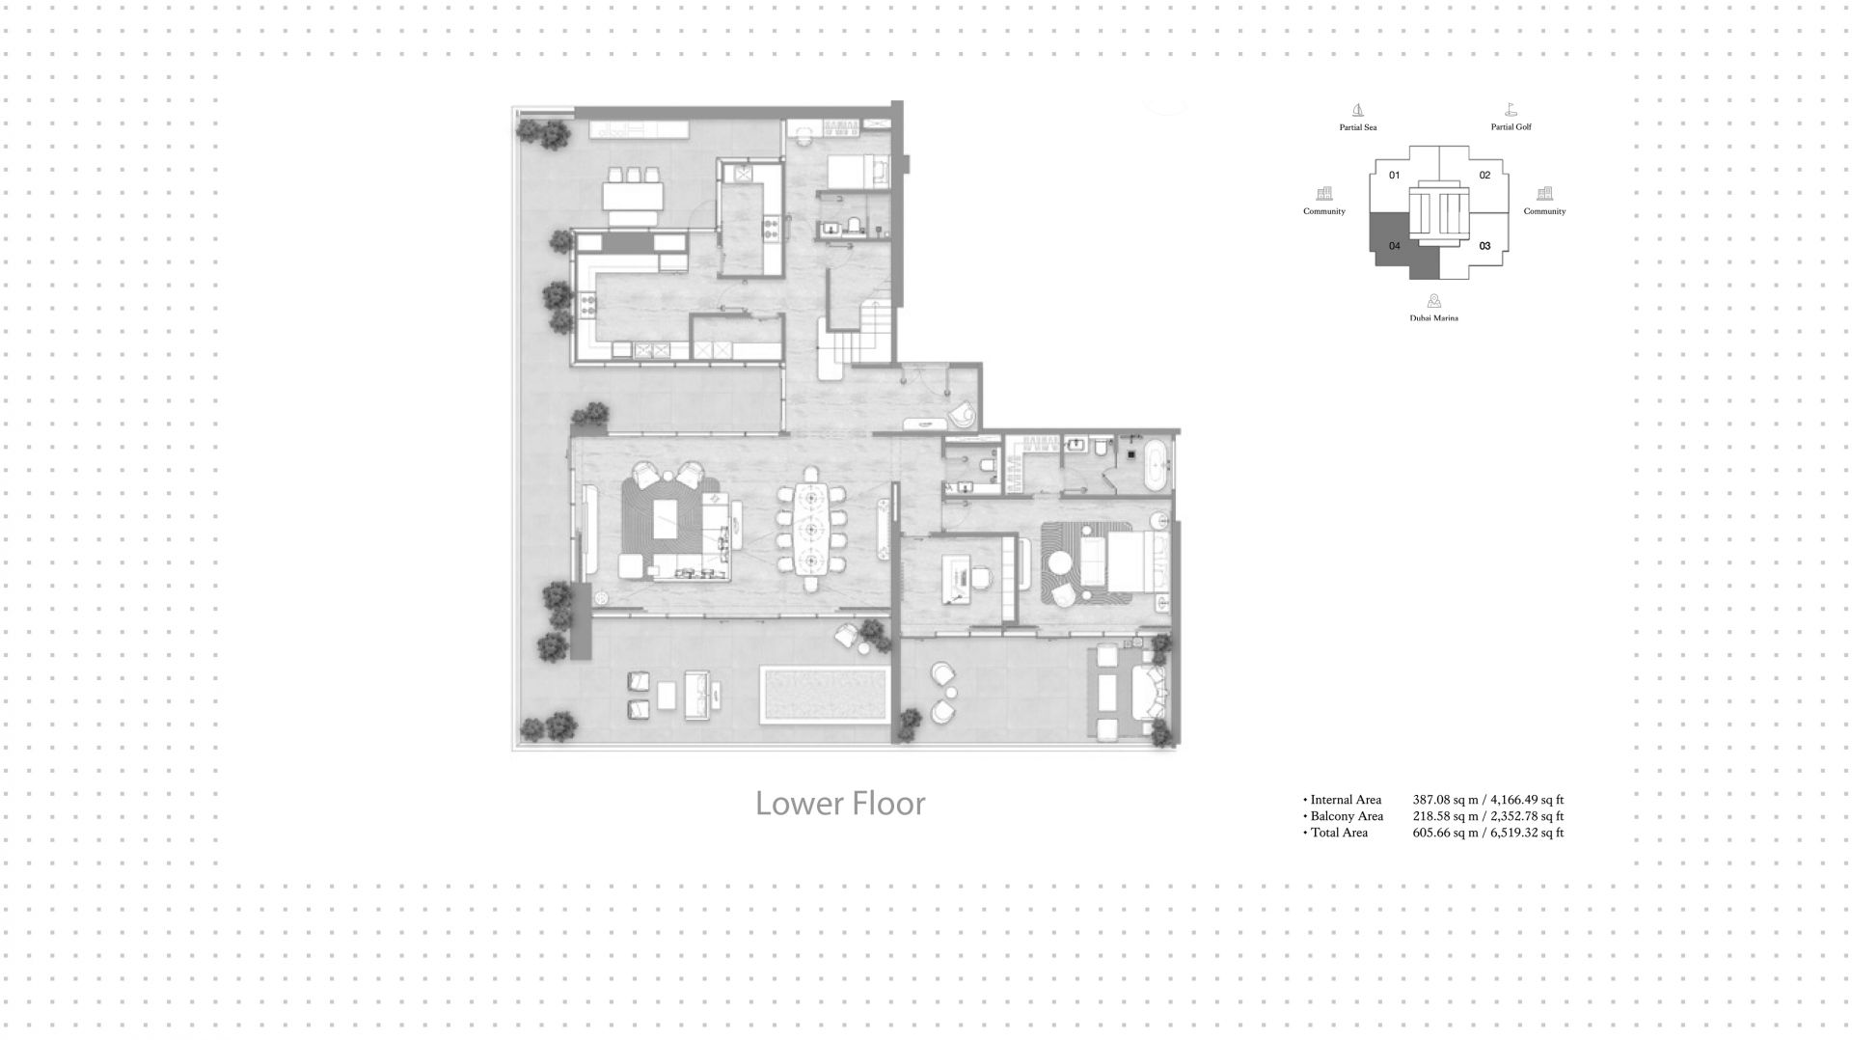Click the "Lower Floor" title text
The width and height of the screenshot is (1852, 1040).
point(840,804)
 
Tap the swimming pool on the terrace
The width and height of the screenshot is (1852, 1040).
point(824,693)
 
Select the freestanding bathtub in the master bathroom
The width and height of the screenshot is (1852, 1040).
point(1154,465)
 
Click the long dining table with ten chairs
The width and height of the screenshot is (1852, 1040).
point(810,530)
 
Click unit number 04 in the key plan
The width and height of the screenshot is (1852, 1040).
point(1394,246)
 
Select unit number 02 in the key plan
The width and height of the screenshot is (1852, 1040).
point(1484,175)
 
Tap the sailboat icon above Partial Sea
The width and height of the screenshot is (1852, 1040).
point(1358,111)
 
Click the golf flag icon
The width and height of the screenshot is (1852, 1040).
point(1511,110)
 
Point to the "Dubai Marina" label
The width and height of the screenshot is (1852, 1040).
point(1433,317)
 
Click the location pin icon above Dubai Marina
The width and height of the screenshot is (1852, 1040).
point(1434,301)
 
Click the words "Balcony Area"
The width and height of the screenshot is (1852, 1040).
point(1347,816)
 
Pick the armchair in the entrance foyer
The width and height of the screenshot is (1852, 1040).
point(962,415)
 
